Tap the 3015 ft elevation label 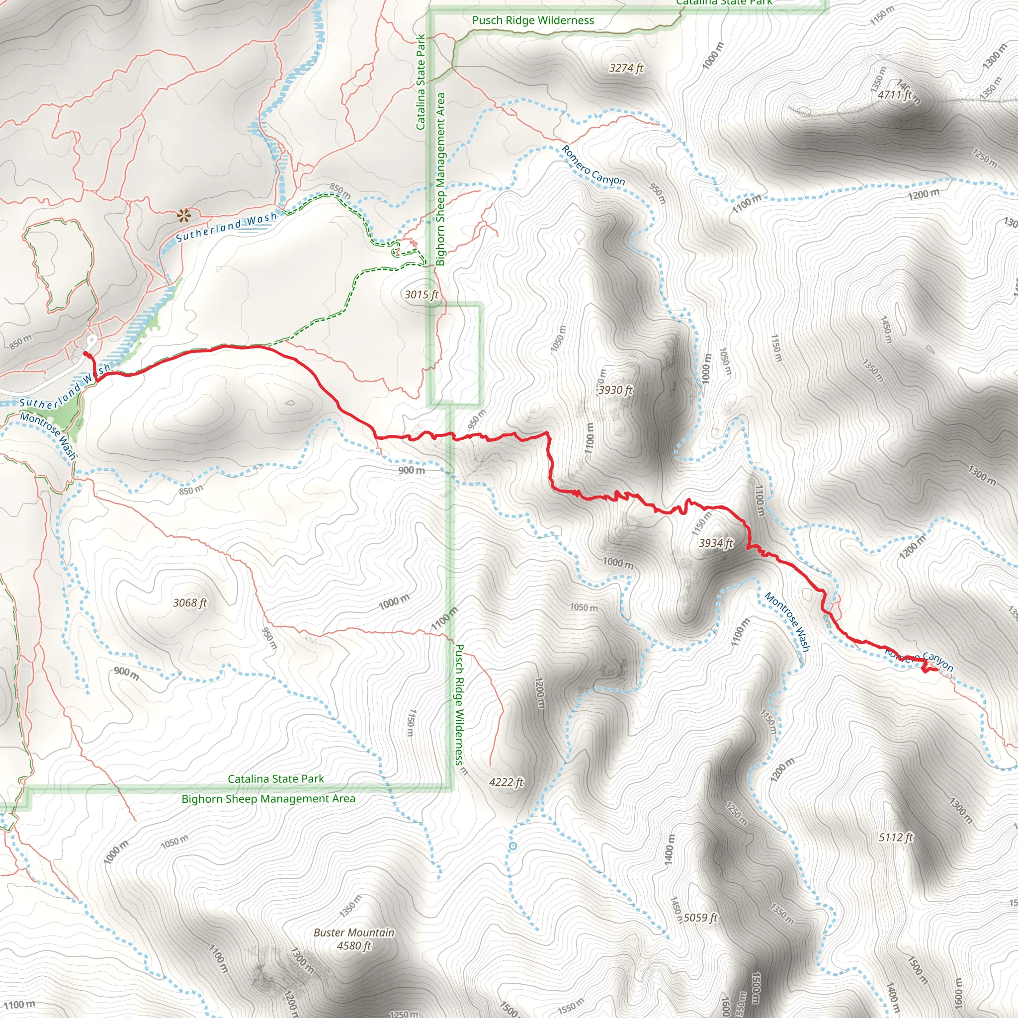[421, 295]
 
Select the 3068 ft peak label [190, 602]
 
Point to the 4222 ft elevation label [506, 782]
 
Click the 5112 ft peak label [896, 837]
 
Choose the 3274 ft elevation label [626, 68]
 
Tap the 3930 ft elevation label [615, 390]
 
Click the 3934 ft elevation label [716, 543]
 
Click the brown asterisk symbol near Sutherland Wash [183, 215]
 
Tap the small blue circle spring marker [513, 846]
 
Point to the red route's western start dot [85, 354]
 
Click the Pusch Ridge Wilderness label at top [533, 20]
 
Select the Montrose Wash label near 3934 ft [787, 622]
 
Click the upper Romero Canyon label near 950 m [593, 166]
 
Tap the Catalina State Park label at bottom [275, 779]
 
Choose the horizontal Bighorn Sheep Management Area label [268, 799]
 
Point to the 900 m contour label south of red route [411, 470]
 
